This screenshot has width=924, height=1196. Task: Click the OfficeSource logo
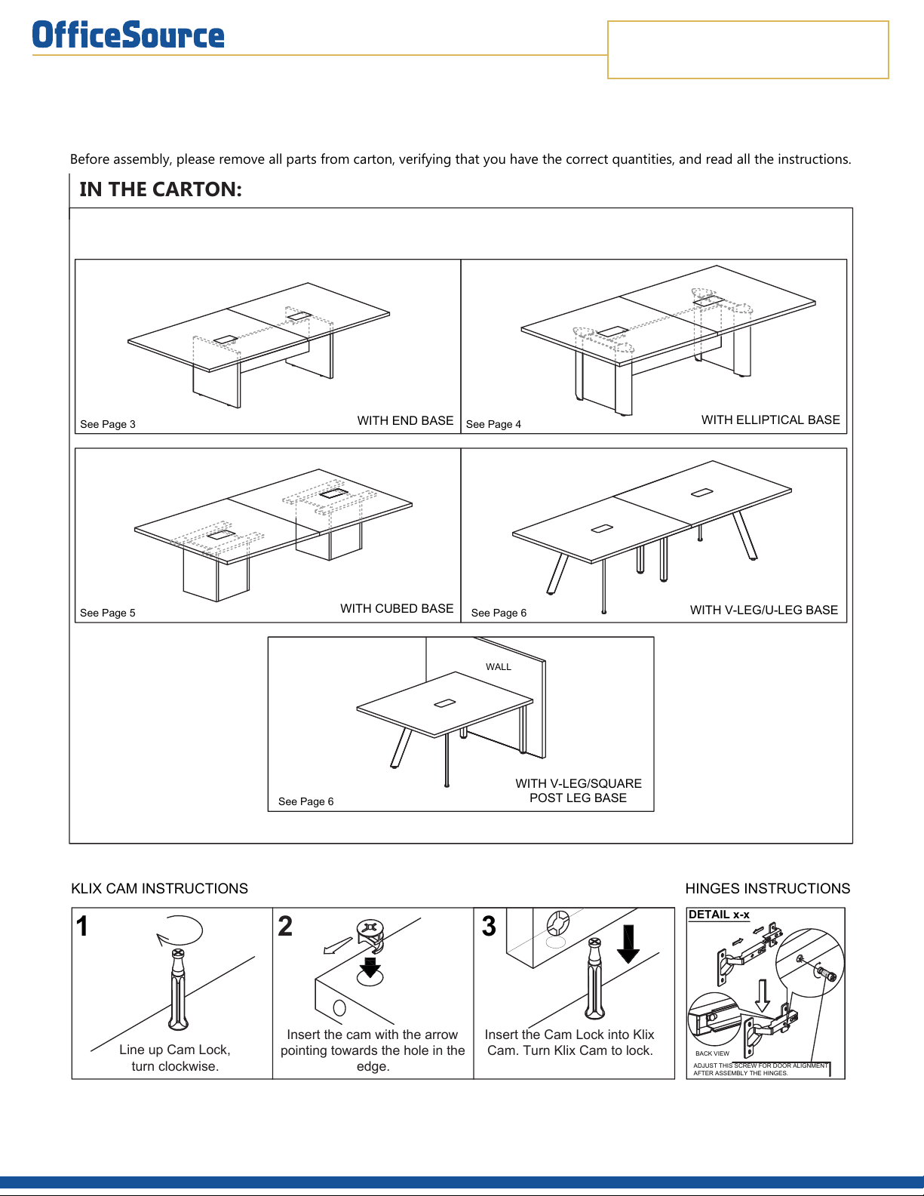coord(128,35)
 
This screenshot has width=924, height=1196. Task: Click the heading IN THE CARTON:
coord(161,189)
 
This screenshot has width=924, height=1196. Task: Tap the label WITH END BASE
coord(405,421)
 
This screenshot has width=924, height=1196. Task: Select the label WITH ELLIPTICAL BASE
coord(770,420)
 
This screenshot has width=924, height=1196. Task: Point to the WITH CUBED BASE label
coord(397,609)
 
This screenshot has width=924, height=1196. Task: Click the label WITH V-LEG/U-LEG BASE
coord(763,610)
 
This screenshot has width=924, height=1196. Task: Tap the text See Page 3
coord(108,424)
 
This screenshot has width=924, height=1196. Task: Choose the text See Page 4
coord(493,424)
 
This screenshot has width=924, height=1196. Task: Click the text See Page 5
coord(108,613)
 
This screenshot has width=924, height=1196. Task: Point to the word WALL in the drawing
coord(499,667)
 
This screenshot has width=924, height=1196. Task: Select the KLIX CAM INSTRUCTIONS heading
coord(159,889)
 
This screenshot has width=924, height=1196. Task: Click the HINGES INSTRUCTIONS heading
coord(767,889)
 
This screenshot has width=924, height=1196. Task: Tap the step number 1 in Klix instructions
coord(83,927)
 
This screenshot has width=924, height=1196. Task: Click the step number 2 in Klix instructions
coord(285,927)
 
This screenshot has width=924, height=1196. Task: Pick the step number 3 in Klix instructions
coord(489,927)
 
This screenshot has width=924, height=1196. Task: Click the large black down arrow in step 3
coord(628,944)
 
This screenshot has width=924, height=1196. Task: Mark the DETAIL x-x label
coord(719,915)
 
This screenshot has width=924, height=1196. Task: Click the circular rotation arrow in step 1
coord(181,931)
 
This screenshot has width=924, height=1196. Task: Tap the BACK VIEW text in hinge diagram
coord(712,1053)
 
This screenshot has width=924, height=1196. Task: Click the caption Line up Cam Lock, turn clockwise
coord(175,1058)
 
